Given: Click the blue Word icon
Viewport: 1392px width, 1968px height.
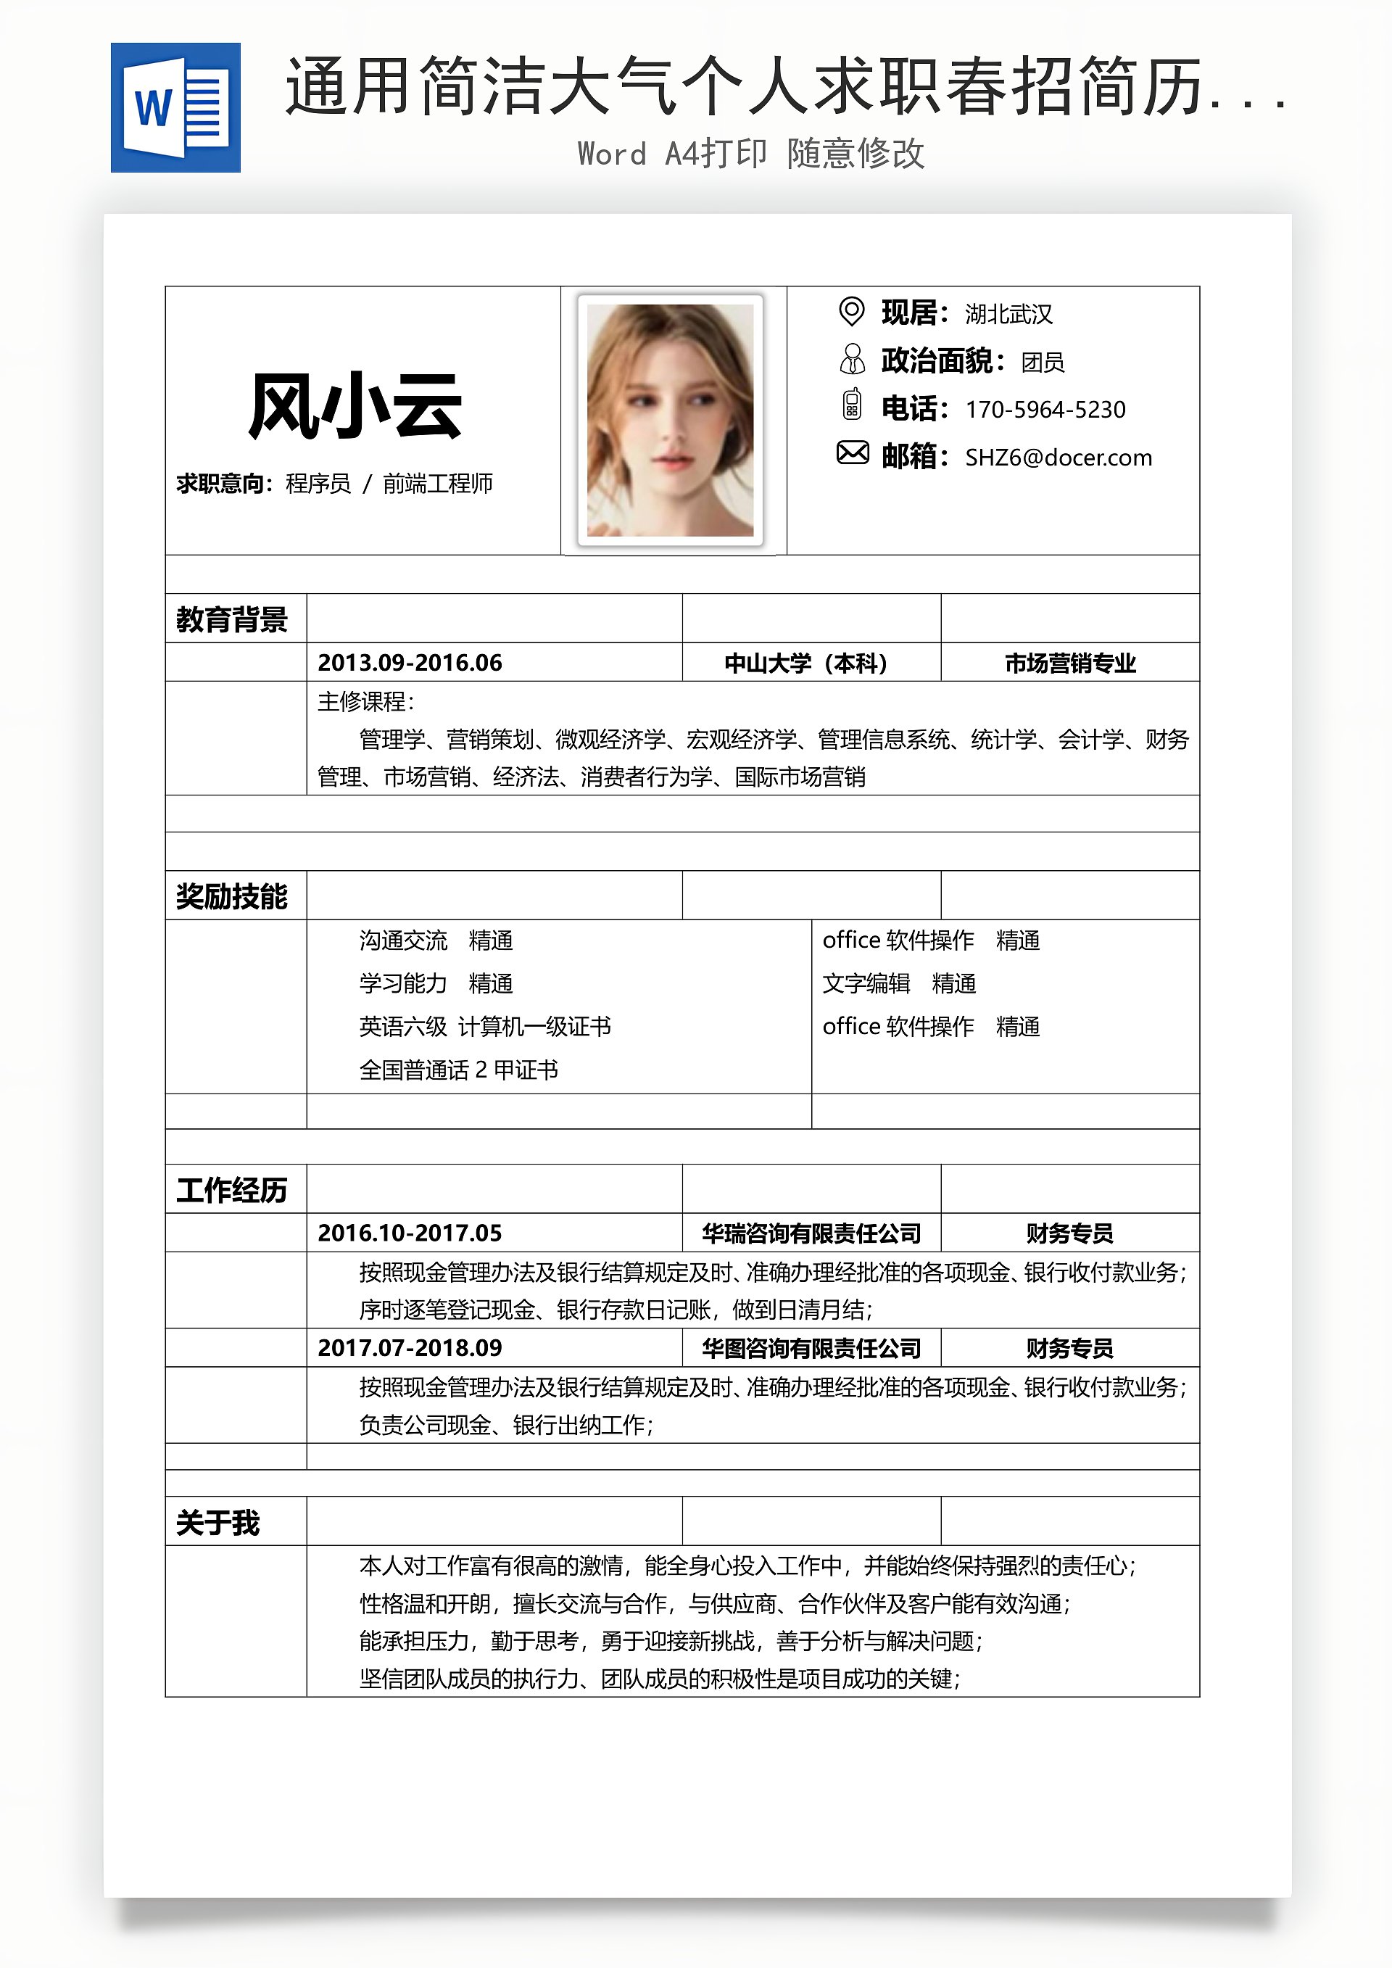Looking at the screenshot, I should tap(175, 108).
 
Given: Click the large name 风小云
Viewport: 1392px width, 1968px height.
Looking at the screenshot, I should tap(355, 406).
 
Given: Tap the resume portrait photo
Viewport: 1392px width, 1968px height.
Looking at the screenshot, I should tap(671, 420).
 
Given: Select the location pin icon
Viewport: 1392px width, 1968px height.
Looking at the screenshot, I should tap(851, 311).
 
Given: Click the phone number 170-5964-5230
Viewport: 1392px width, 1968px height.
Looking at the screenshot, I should tap(1045, 410).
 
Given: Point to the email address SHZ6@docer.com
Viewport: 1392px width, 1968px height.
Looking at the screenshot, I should tap(1058, 458).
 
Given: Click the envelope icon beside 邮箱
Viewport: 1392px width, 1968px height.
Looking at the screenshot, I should tap(852, 452).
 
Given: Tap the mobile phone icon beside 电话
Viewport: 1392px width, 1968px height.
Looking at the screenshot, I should tap(851, 405).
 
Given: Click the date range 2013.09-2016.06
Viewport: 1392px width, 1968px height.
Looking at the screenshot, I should tap(410, 663).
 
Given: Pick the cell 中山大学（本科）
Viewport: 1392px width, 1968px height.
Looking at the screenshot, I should tap(810, 663).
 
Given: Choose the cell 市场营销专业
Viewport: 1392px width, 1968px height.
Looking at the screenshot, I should tap(1069, 663).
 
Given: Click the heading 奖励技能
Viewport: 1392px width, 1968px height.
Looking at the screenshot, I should tap(231, 896).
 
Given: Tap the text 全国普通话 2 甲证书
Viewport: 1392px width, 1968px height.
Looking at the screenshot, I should tap(459, 1070).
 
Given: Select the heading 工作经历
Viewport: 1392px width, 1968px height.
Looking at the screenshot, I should tap(231, 1190).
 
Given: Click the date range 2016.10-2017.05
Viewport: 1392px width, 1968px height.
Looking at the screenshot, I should tap(410, 1233).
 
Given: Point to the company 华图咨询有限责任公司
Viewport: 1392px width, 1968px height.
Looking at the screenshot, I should tap(811, 1348).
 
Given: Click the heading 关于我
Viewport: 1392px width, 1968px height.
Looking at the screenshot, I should tap(217, 1522).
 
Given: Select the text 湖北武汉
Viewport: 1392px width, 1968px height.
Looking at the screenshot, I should tap(1008, 315).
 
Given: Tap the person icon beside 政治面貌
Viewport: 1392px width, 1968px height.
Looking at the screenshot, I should tap(852, 359).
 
